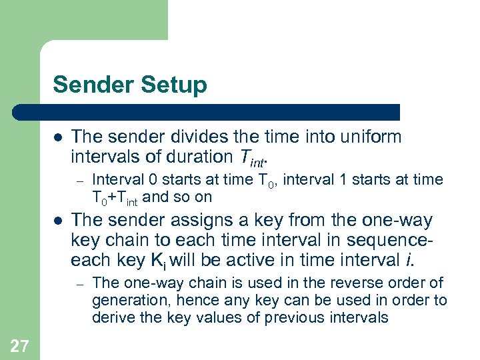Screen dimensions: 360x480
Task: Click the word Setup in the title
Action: [176, 85]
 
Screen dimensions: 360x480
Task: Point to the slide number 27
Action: [19, 345]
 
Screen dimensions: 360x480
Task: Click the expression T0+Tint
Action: [115, 197]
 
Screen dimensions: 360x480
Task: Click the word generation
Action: [132, 301]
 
